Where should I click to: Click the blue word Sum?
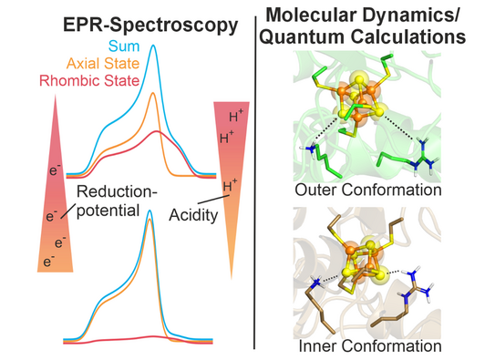[x=124, y=46]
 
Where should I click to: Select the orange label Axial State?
[x=103, y=64]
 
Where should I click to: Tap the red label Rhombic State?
[x=89, y=81]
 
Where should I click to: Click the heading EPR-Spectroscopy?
[x=150, y=25]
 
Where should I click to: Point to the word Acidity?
[x=193, y=215]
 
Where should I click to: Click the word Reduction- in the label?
[x=117, y=191]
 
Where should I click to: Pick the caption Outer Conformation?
[x=368, y=190]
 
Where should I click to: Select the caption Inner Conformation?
[x=370, y=346]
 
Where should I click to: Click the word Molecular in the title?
[x=310, y=15]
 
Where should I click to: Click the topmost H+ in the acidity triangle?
[x=236, y=116]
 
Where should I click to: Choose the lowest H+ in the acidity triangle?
[x=230, y=186]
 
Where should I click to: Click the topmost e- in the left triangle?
[x=55, y=170]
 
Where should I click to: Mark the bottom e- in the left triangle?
[x=49, y=262]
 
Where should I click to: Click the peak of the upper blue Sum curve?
[x=153, y=46]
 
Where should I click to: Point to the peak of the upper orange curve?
[x=153, y=93]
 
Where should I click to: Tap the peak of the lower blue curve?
[x=150, y=211]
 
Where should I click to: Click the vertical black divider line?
[x=254, y=183]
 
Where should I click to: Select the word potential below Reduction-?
[x=108, y=211]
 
